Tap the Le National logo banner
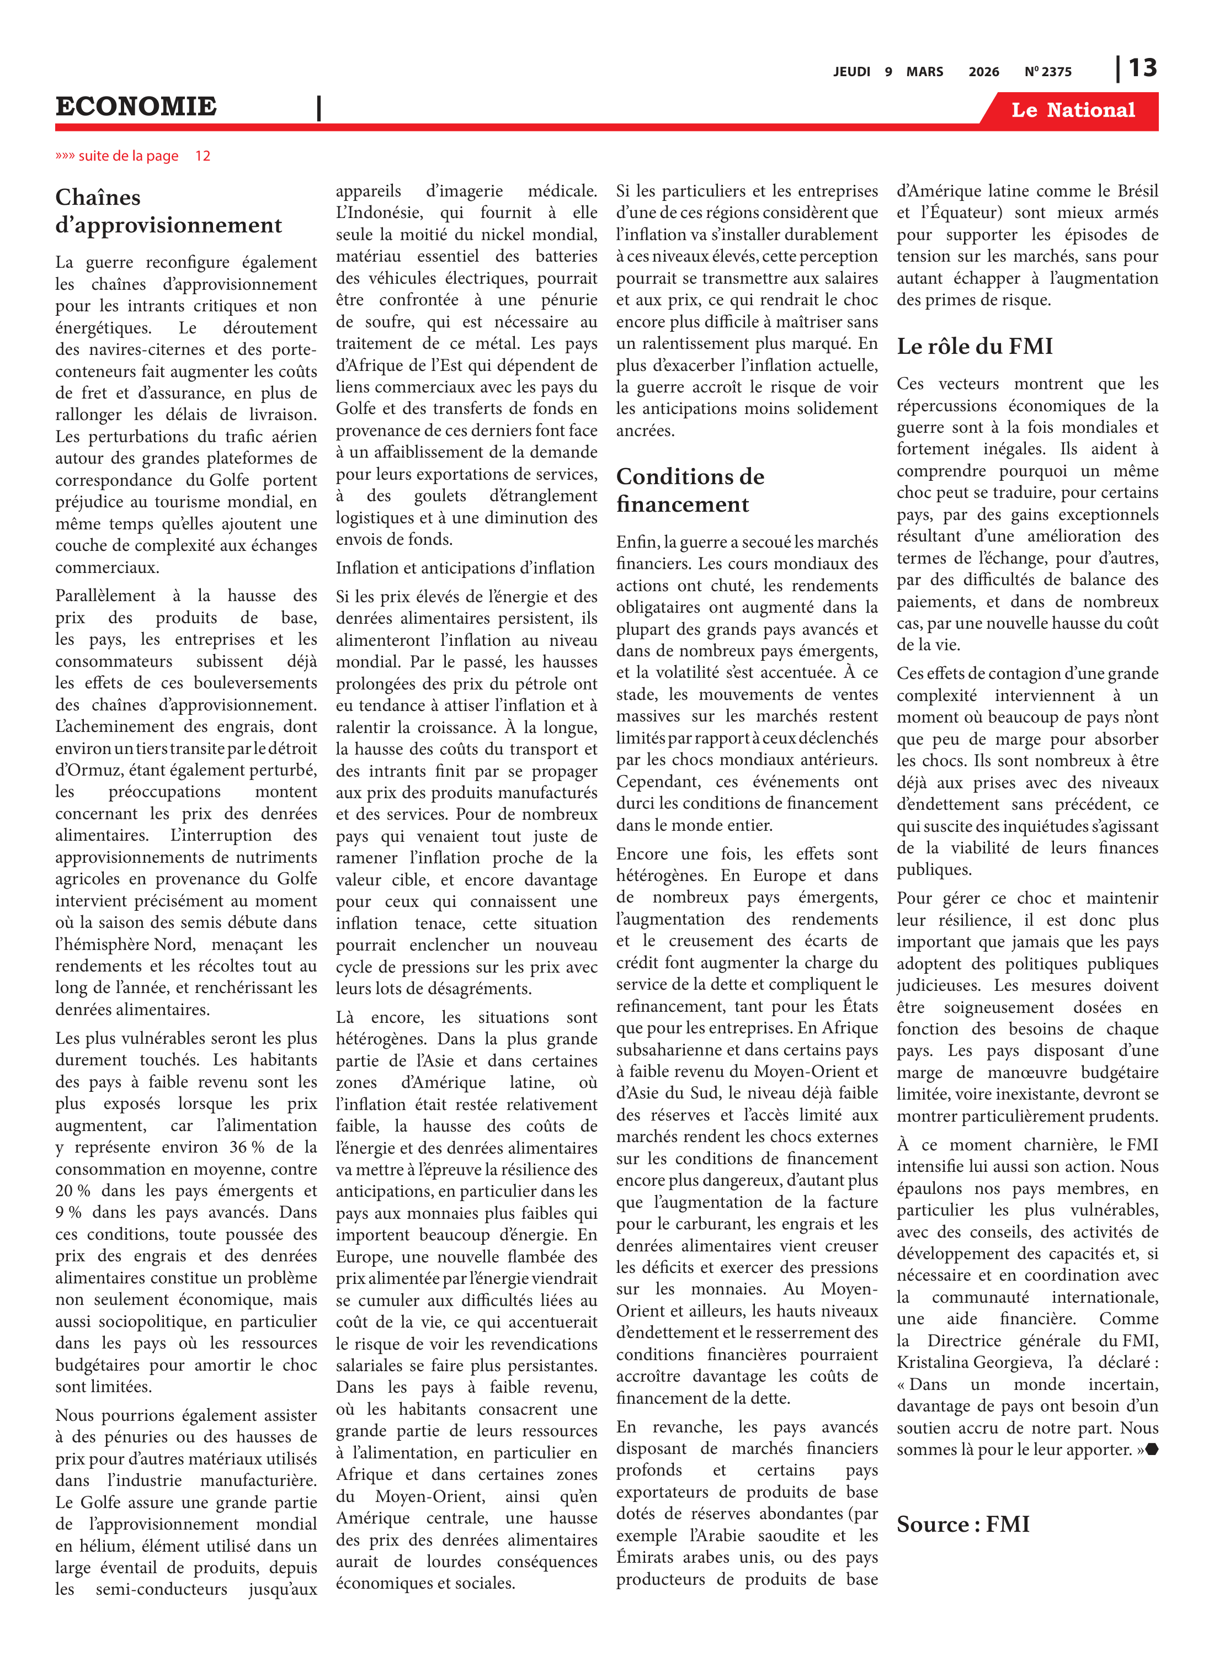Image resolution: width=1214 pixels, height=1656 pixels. click(1073, 110)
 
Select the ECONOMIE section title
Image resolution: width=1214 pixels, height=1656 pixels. click(136, 107)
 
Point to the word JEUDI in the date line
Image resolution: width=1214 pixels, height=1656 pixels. click(851, 72)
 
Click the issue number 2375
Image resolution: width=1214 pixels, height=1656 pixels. click(1056, 72)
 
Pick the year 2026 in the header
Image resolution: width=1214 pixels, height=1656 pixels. click(983, 72)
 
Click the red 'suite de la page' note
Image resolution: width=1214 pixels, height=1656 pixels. click(129, 156)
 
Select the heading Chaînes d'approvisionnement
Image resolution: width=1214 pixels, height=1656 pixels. click(168, 211)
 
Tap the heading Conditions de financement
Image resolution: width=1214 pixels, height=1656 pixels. click(690, 490)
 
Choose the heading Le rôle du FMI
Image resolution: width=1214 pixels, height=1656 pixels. click(975, 346)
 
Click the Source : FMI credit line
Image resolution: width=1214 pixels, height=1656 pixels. click(963, 1525)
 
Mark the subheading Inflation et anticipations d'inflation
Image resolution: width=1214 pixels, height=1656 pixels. click(465, 568)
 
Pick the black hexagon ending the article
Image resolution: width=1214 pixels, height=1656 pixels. click(1152, 1450)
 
